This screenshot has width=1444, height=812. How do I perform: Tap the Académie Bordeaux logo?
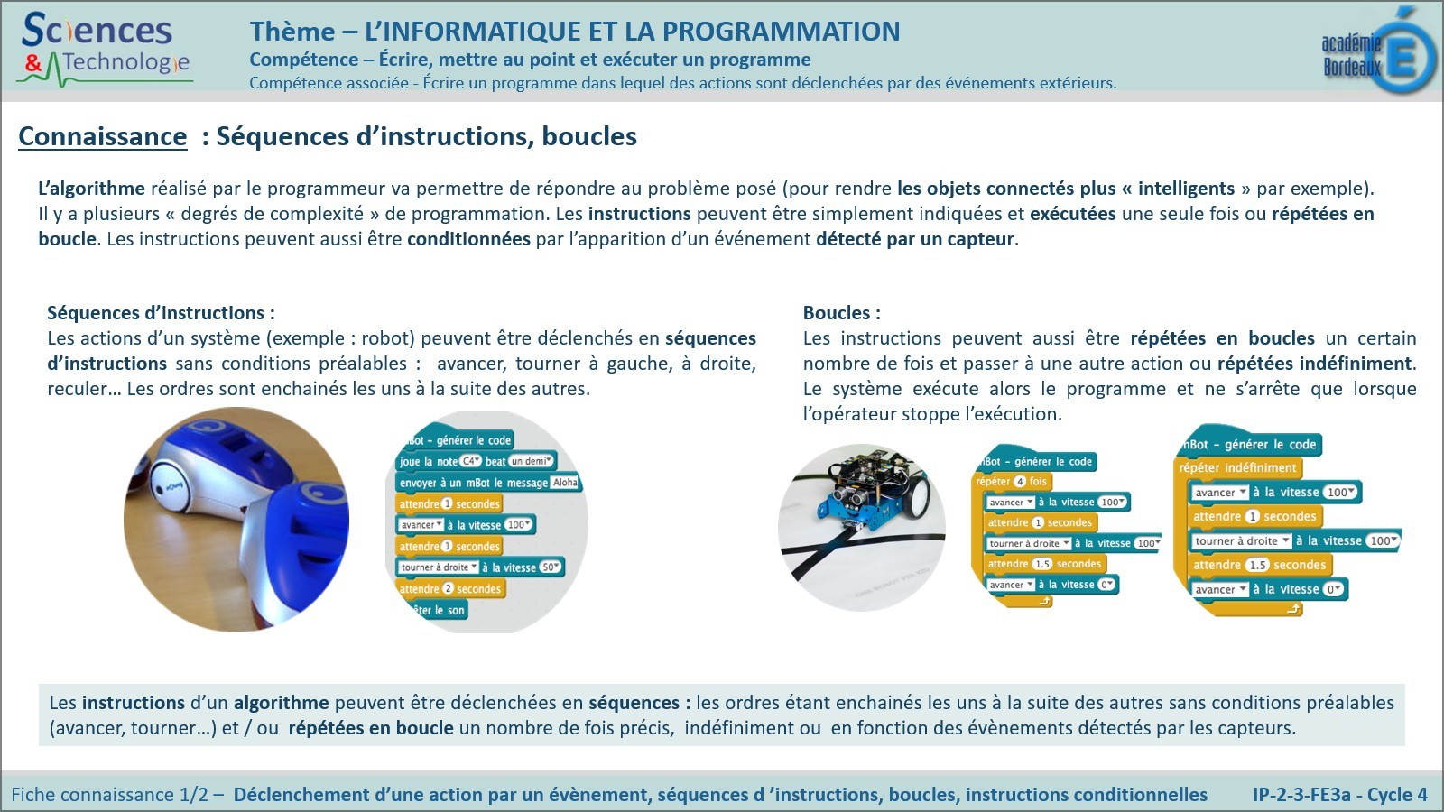pyautogui.click(x=1380, y=51)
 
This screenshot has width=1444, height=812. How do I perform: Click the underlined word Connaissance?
pyautogui.click(x=103, y=136)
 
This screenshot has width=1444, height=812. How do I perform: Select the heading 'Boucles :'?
pyautogui.click(x=841, y=313)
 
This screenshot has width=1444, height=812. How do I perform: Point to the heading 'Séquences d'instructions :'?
pyautogui.click(x=162, y=313)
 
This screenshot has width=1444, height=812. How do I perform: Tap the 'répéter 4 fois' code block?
pyautogui.click(x=1011, y=482)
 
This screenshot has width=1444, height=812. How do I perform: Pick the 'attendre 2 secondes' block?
pyautogui.click(x=450, y=588)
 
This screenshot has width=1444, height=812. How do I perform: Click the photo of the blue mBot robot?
pyautogui.click(x=862, y=527)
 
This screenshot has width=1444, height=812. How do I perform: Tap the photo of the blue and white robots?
pyautogui.click(x=236, y=520)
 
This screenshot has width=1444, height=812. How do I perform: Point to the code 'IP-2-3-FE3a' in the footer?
pyautogui.click(x=1301, y=794)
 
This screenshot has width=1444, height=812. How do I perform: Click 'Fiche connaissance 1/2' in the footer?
pyautogui.click(x=109, y=794)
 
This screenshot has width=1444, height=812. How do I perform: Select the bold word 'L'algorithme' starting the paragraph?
pyautogui.click(x=91, y=189)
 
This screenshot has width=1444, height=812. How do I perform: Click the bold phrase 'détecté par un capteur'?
pyautogui.click(x=915, y=239)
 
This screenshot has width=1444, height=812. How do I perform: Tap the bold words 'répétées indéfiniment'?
pyautogui.click(x=1314, y=364)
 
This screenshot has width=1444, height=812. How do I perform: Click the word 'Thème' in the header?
pyautogui.click(x=292, y=31)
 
